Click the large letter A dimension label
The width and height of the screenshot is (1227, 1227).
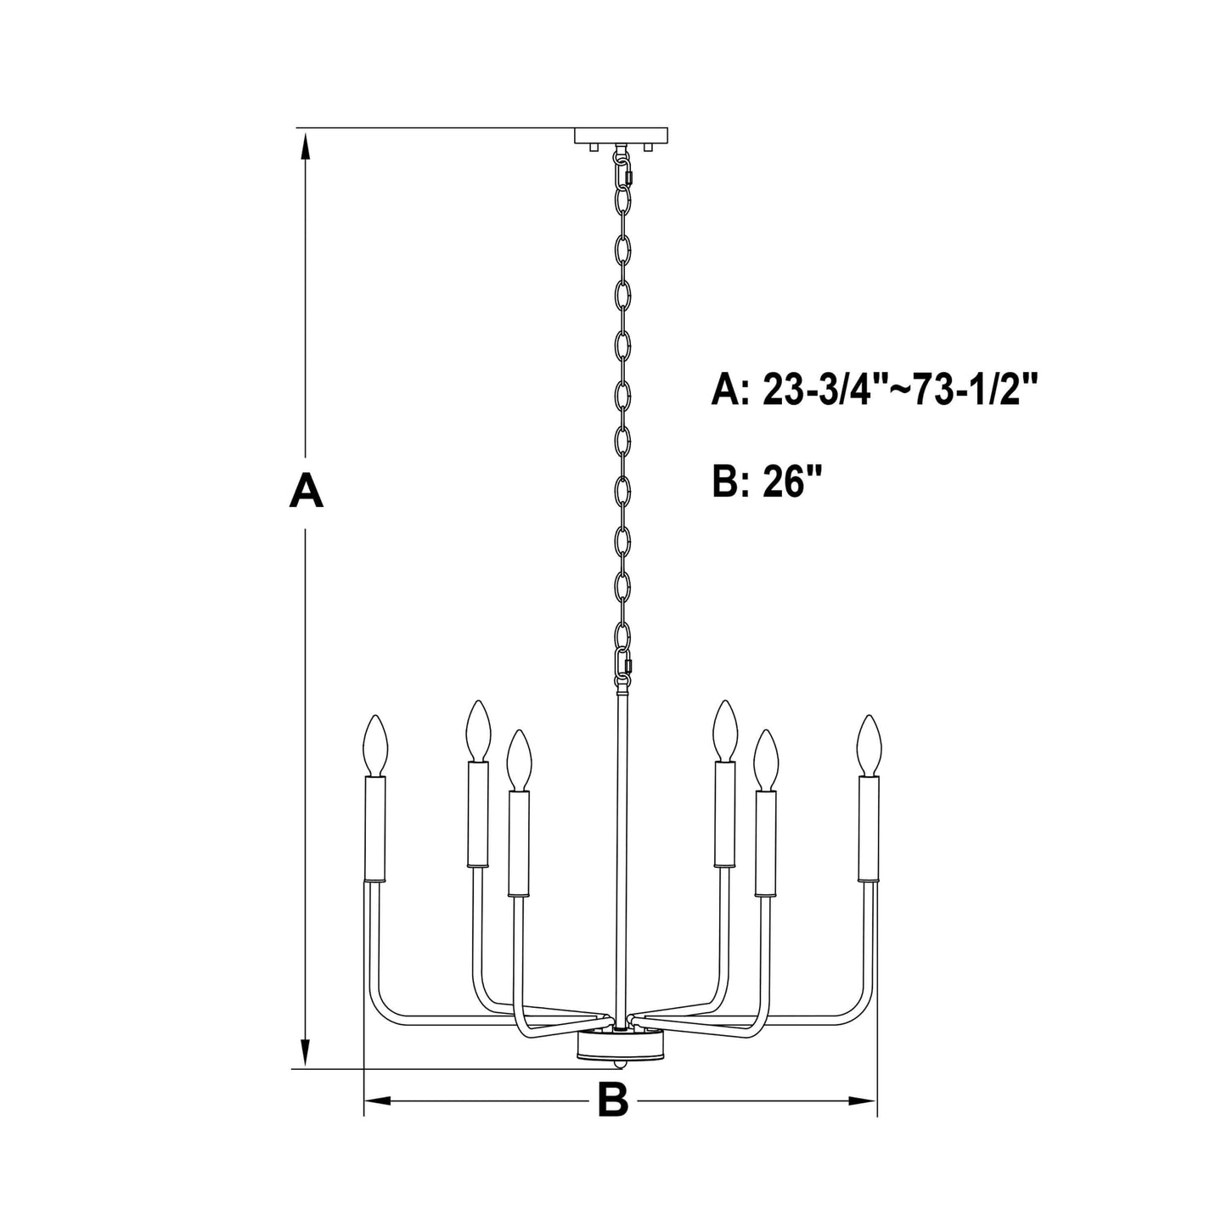(x=307, y=491)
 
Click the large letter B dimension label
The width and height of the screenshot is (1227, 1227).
(x=612, y=1100)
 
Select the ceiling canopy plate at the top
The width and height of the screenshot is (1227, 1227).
(x=621, y=135)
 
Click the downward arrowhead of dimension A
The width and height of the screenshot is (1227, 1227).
(x=307, y=1053)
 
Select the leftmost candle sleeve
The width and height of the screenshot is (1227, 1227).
(x=374, y=828)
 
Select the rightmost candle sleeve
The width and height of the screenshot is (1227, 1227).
(x=868, y=828)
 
